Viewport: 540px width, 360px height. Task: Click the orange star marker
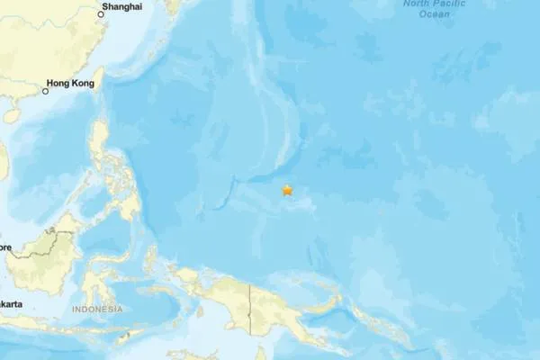click(x=287, y=190)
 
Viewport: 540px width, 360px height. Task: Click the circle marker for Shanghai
click(x=100, y=13)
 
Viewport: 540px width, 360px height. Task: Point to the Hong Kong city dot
click(x=45, y=91)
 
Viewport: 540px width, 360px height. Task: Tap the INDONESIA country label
click(x=98, y=310)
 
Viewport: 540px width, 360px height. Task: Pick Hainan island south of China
click(x=11, y=115)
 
